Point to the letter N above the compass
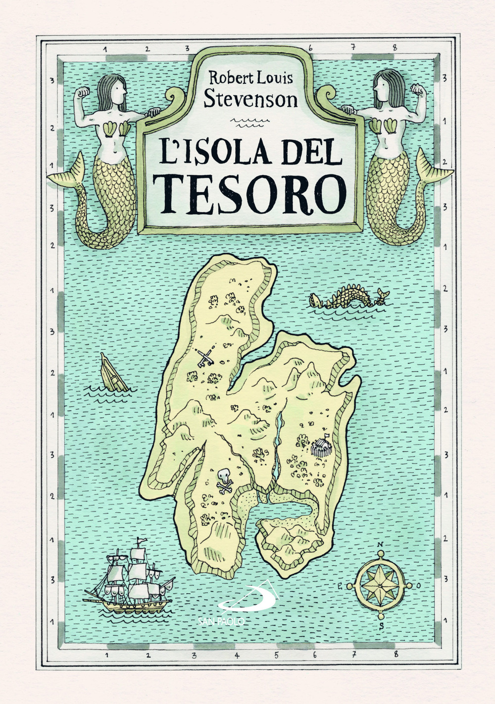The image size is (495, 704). tap(380, 544)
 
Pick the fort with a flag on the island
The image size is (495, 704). tap(321, 447)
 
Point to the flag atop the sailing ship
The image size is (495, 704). tap(142, 541)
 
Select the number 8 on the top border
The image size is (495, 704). tap(395, 48)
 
